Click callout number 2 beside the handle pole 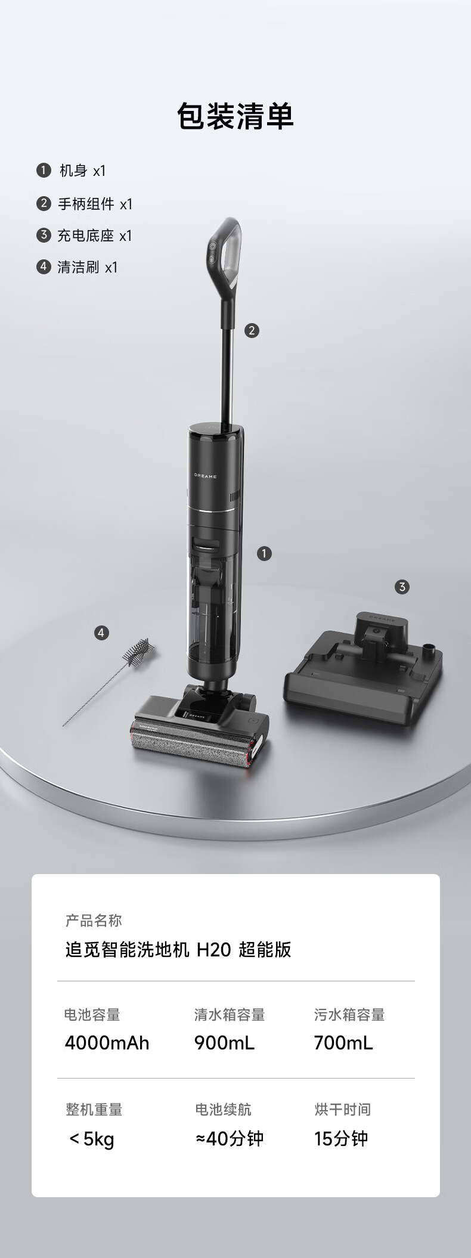pyautogui.click(x=252, y=330)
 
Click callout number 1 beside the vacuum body pyautogui.click(x=264, y=554)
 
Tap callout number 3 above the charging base pyautogui.click(x=402, y=587)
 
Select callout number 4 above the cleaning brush pyautogui.click(x=101, y=633)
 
